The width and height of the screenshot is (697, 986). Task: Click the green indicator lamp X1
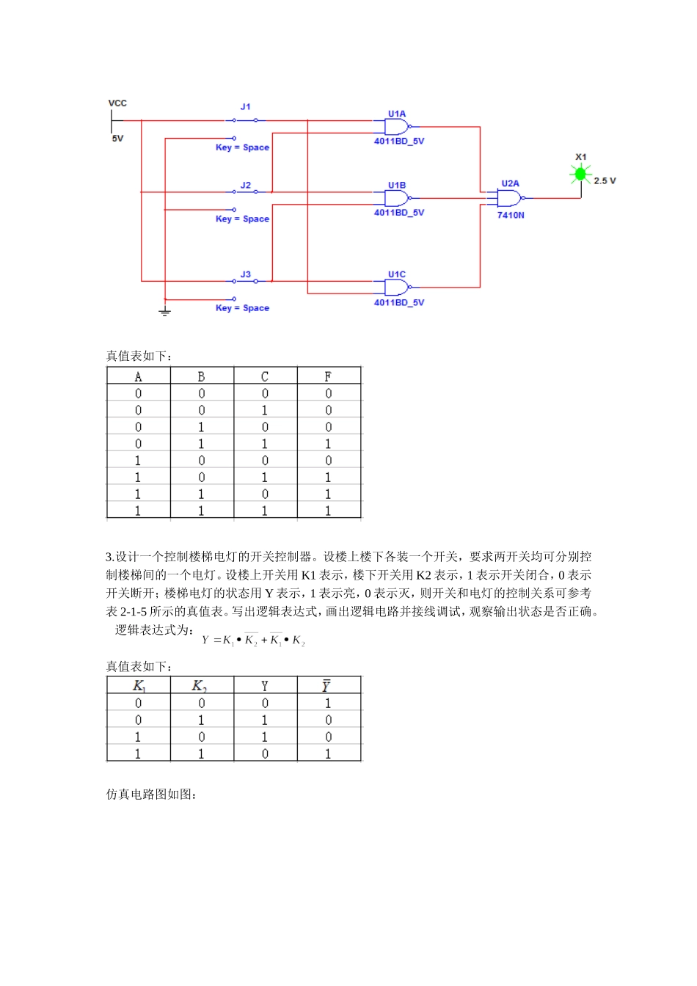pos(581,174)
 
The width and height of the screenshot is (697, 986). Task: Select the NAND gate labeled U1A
pos(397,127)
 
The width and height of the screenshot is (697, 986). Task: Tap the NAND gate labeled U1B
pos(397,198)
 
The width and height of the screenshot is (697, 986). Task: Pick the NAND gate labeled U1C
pos(397,287)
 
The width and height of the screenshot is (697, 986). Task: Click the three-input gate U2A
pos(510,198)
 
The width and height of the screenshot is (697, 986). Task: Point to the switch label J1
pos(246,107)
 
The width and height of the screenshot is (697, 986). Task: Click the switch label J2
pos(246,186)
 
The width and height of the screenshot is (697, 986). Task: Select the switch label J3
pos(246,274)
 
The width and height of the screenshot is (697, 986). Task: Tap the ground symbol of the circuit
pos(165,312)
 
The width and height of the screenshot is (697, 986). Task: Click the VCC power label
pos(117,103)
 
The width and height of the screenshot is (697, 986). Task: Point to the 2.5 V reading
pos(605,181)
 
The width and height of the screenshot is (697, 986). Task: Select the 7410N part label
pos(511,216)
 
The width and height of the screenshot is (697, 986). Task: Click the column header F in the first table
pos(328,376)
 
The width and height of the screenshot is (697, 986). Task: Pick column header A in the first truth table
pos(138,376)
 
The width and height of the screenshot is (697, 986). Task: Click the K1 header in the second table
pos(139,686)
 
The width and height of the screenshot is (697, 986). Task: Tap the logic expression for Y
pos(253,640)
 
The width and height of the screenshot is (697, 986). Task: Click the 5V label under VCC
pos(117,139)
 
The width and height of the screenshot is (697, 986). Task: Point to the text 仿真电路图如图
pos(151,795)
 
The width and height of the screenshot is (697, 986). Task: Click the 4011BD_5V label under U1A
pos(399,142)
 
